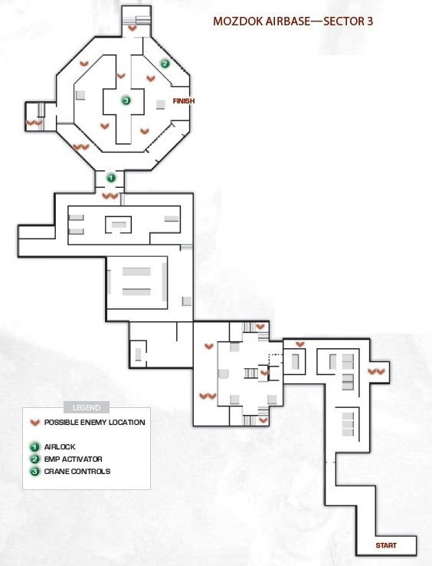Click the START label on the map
click(x=386, y=545)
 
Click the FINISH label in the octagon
click(x=184, y=101)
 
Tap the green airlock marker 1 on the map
click(x=111, y=178)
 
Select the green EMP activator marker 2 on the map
click(x=165, y=64)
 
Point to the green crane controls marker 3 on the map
click(x=126, y=100)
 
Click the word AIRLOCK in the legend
click(x=60, y=447)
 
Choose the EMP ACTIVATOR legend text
click(x=74, y=459)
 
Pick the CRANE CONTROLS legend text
click(x=77, y=472)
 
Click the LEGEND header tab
click(x=87, y=407)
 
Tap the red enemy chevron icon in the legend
click(x=35, y=423)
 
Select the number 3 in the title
click(x=370, y=21)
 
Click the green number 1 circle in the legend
click(x=34, y=447)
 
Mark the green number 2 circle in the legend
click(x=34, y=459)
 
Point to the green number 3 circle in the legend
click(x=34, y=472)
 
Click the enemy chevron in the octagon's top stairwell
click(x=133, y=28)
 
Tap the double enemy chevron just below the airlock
click(x=110, y=196)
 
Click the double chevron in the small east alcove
click(x=376, y=371)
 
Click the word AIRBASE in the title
click(x=288, y=21)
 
